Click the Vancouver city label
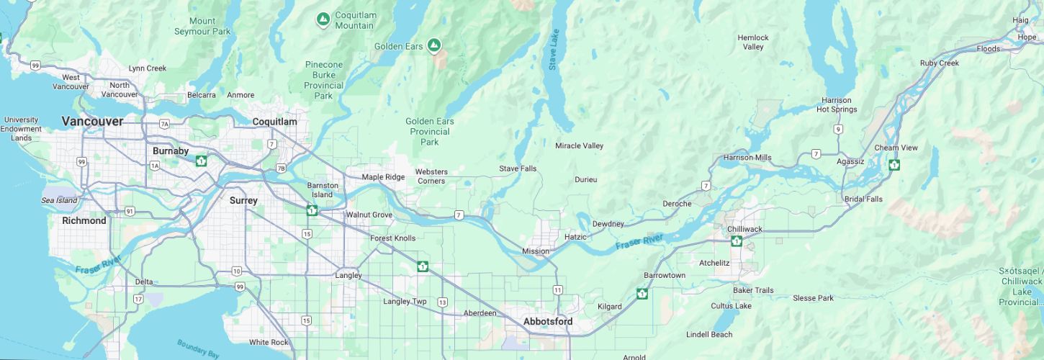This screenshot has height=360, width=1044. (92, 121)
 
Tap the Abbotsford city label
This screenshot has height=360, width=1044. (548, 321)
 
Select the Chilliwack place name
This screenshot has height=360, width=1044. (744, 229)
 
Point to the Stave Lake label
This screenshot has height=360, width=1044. (553, 50)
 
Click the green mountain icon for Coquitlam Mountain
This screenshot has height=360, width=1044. (323, 19)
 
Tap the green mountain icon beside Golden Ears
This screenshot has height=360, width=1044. (433, 46)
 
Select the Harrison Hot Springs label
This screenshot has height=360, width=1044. (837, 105)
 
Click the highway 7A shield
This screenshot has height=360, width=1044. (164, 125)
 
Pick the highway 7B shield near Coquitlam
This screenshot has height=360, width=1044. (281, 168)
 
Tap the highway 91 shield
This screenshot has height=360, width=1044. (130, 211)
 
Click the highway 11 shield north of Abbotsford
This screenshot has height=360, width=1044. (558, 289)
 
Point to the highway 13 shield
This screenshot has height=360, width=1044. (442, 302)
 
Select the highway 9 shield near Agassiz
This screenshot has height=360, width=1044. (838, 130)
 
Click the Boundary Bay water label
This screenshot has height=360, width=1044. (197, 349)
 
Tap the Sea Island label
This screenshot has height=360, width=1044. (58, 200)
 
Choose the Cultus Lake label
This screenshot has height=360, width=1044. (731, 306)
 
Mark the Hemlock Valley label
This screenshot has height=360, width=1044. (753, 42)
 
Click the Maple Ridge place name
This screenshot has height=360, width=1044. (383, 177)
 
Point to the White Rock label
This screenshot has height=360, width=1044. (269, 342)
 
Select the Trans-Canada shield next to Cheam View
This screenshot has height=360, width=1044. (894, 164)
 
